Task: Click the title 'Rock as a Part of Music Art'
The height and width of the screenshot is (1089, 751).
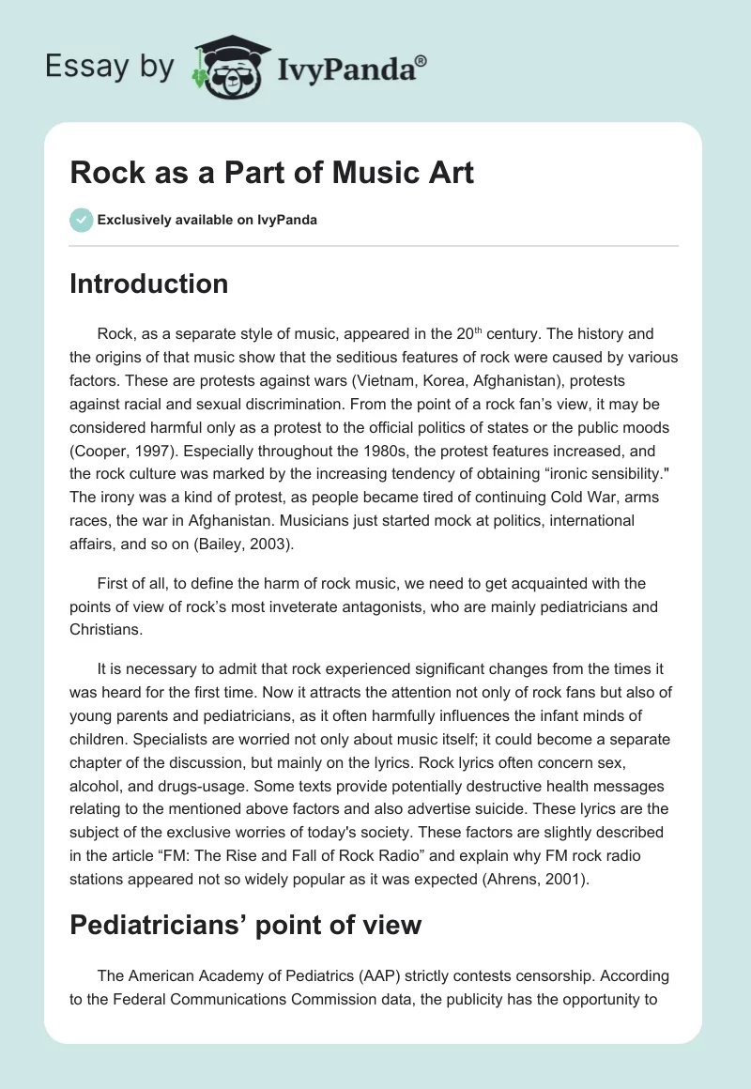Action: [271, 174]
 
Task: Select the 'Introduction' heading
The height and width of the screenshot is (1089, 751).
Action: [148, 284]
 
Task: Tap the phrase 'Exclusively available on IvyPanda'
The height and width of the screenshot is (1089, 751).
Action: [207, 221]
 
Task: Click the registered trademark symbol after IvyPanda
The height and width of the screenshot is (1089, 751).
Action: [421, 61]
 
